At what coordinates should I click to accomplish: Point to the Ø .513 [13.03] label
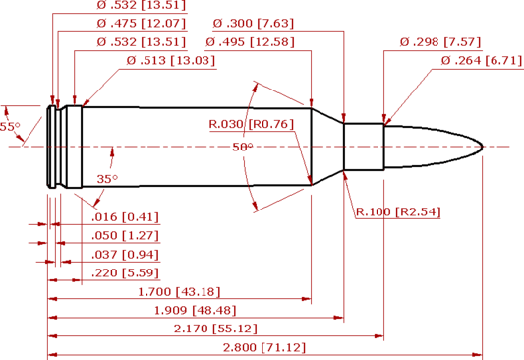pyautogui.click(x=171, y=61)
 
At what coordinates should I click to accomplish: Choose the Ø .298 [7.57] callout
pyautogui.click(x=439, y=42)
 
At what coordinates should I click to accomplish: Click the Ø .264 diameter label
pyautogui.click(x=481, y=61)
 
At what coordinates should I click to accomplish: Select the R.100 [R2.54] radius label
pyautogui.click(x=397, y=211)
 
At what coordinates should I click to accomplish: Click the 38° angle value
pyautogui.click(x=243, y=147)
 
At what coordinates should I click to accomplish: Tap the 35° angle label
pyautogui.click(x=107, y=179)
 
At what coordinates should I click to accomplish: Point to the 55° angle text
pyautogui.click(x=10, y=127)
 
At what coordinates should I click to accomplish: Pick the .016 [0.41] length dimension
pyautogui.click(x=124, y=217)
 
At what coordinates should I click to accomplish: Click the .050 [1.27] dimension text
pyautogui.click(x=124, y=236)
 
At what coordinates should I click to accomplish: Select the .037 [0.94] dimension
pyautogui.click(x=124, y=254)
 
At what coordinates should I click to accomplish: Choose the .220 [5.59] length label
pyautogui.click(x=124, y=272)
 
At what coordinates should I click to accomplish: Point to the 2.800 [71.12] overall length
pyautogui.click(x=264, y=347)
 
